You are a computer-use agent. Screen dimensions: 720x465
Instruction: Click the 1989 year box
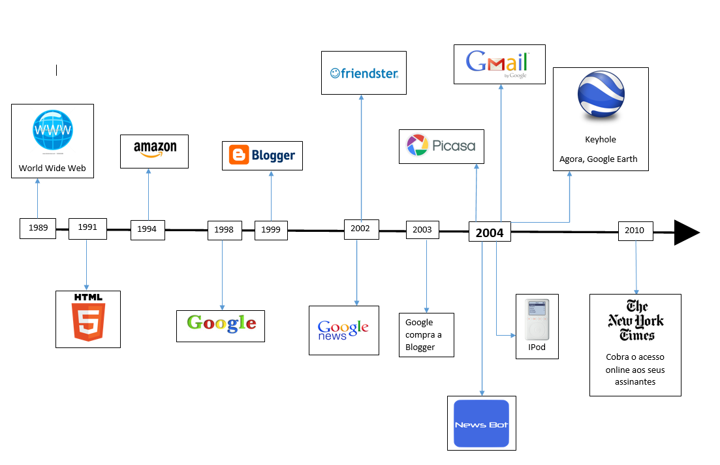38,229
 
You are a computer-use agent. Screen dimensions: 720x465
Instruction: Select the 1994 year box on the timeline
148,230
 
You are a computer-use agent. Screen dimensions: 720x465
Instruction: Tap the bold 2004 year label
490,233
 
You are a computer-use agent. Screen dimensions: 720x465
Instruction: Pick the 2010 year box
636,231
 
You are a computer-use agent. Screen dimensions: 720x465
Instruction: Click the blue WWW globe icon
53,131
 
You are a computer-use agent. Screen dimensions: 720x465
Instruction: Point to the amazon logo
155,149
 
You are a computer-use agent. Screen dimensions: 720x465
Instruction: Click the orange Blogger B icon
239,155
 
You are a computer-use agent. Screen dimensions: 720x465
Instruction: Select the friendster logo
364,73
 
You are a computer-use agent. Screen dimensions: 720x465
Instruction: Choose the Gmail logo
497,63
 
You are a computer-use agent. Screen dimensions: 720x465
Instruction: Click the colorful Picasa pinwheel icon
417,145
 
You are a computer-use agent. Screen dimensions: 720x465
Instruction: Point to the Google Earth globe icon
601,95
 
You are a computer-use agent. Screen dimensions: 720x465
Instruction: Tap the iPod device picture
537,319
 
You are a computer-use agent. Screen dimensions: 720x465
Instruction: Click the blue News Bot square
481,423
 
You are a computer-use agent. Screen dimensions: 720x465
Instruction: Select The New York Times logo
636,320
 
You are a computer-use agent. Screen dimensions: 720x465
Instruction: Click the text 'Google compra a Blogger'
424,335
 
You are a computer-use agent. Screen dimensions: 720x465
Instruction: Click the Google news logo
343,329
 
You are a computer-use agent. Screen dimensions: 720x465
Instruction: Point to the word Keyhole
601,140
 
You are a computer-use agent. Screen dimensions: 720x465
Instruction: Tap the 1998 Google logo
221,323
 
